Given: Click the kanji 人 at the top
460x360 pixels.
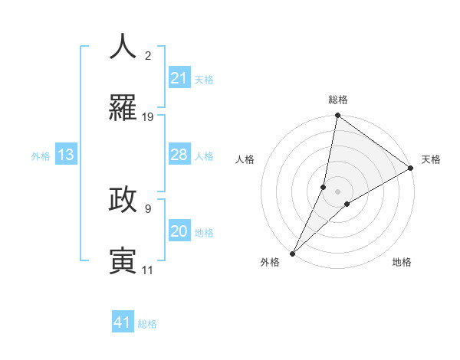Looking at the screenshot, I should tap(123, 47).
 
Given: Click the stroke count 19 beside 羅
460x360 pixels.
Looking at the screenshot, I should tap(148, 117).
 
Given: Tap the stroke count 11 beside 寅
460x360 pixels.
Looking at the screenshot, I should tap(148, 270).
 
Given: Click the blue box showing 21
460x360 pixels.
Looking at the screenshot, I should tap(179, 78).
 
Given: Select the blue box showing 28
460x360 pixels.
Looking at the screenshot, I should tap(179, 155).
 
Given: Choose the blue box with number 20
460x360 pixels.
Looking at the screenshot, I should tap(179, 231).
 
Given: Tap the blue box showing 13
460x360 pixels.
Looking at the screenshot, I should tap(66, 155).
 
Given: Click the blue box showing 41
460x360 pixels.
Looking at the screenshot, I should tap(123, 322).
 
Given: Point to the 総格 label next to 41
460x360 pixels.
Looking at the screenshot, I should tap(147, 324).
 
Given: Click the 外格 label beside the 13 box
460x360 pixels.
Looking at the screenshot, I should tap(41, 155).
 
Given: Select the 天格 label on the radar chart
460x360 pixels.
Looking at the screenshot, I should tap(431, 159).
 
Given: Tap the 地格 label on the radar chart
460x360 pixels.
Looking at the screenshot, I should tap(402, 262).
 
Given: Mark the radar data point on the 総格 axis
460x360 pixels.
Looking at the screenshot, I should tap(337, 116).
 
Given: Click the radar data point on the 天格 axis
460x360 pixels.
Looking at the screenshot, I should tap(410, 169).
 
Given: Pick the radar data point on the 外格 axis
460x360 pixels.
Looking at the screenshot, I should tap(292, 254).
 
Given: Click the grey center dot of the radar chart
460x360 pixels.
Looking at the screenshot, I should tap(337, 191).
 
